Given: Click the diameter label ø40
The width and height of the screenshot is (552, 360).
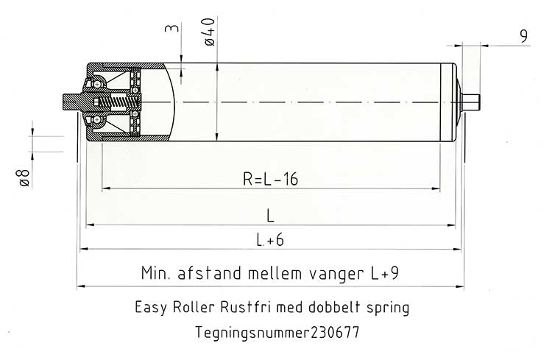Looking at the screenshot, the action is click(x=209, y=32).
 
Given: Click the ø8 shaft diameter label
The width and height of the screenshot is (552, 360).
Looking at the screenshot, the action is click(x=24, y=177).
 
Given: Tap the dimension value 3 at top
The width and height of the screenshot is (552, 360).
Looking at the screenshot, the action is click(x=172, y=27).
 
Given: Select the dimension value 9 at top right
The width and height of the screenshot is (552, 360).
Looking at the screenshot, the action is click(x=524, y=36).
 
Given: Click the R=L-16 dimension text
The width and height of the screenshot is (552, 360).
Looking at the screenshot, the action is click(x=270, y=179).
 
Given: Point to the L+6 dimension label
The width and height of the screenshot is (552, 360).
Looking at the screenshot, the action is click(x=270, y=240).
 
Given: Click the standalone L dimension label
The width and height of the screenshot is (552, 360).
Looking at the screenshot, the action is click(x=270, y=215).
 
